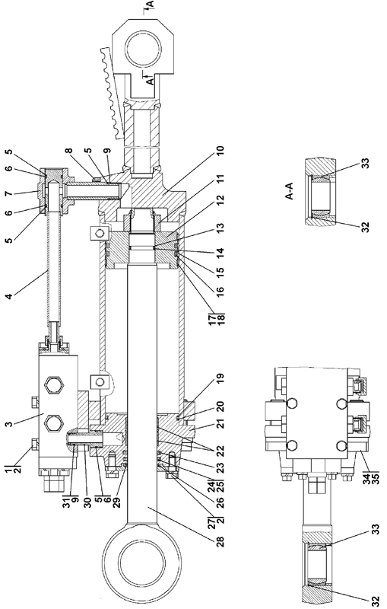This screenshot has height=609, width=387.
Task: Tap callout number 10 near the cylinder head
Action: click(220, 153)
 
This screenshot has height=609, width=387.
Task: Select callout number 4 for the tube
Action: click(8, 296)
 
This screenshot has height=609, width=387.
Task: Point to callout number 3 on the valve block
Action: click(8, 422)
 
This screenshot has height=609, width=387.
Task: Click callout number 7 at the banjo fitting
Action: click(8, 193)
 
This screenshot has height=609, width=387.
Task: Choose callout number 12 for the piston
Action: click(220, 200)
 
